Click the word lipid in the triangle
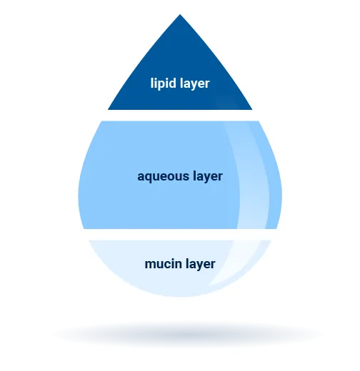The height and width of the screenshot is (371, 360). (163, 83)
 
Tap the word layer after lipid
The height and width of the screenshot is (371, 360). (195, 83)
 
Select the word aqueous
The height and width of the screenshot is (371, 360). (163, 177)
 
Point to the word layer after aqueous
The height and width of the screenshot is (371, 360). (208, 177)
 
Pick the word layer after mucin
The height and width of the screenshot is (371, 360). (201, 264)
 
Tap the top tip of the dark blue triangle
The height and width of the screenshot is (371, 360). (180, 14)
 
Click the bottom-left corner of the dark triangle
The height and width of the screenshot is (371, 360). (108, 110)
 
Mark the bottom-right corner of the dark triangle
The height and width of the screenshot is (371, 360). (252, 110)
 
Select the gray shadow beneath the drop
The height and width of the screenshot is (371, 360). (188, 335)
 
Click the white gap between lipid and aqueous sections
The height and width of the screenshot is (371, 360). (180, 116)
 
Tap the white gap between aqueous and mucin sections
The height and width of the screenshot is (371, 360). (180, 235)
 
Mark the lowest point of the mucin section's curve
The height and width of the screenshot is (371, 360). (180, 297)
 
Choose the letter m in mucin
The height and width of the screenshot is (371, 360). (151, 265)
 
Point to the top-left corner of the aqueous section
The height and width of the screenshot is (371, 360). (102, 121)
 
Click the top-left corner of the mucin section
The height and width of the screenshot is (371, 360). (89, 240)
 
